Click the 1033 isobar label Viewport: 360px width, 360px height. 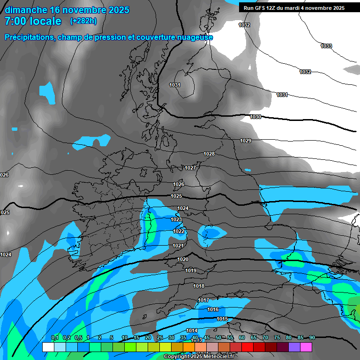click(326, 46)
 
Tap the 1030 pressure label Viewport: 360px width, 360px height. click(255, 117)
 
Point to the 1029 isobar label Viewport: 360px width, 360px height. click(246, 141)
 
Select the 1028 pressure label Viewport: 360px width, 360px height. click(209, 154)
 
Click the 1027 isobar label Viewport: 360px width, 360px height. click(190, 168)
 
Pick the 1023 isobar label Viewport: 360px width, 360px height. click(176, 219)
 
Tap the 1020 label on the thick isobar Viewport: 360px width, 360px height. click(183, 259)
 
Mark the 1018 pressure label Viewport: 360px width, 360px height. click(199, 286)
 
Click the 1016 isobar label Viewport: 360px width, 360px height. click(213, 309)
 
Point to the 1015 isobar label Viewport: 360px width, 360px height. click(222, 319)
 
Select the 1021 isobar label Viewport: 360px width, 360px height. click(178, 246)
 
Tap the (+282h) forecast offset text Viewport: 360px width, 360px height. click(83, 21)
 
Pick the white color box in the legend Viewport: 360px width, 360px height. click(48, 347)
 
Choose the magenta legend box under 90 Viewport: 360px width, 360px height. click(306, 347)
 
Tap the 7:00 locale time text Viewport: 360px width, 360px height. click(33, 21)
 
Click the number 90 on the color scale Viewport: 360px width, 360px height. click(312, 337)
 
